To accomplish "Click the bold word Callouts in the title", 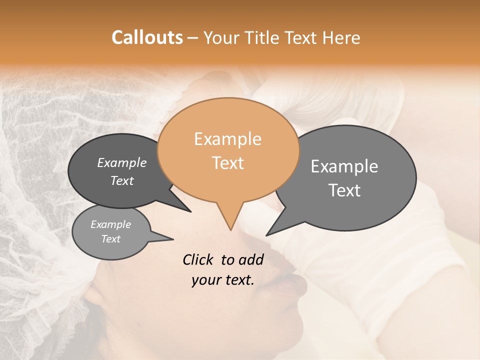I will pos(147,37).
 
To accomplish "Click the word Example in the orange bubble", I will pos(227,139).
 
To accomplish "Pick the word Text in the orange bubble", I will pos(227,163).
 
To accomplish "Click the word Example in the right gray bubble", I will pos(344,166).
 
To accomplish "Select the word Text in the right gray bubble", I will pos(344,190).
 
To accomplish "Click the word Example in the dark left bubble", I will pos(121,162).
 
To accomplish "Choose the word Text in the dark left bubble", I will pos(121,180).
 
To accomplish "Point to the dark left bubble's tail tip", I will pos(190,211).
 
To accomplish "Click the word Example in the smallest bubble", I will pos(110,224).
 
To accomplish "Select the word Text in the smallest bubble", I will pos(110,239).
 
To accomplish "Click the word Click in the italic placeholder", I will pos(199,259).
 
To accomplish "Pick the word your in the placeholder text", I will pos(206,280).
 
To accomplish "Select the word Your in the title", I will pos(222,37).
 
